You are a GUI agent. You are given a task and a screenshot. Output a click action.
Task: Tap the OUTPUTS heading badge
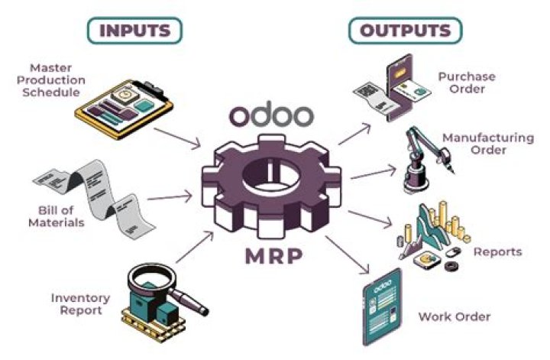click(x=405, y=30)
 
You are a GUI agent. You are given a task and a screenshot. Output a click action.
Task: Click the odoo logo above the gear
click(x=272, y=115)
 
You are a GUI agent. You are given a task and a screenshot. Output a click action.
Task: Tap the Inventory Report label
click(x=80, y=303)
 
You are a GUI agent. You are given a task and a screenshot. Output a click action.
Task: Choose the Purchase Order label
click(x=466, y=83)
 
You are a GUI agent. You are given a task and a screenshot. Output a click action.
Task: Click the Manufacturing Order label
click(x=487, y=144)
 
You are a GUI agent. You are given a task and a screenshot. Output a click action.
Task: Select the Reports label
click(x=497, y=251)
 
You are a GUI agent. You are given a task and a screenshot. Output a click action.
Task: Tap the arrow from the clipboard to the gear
click(x=184, y=138)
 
